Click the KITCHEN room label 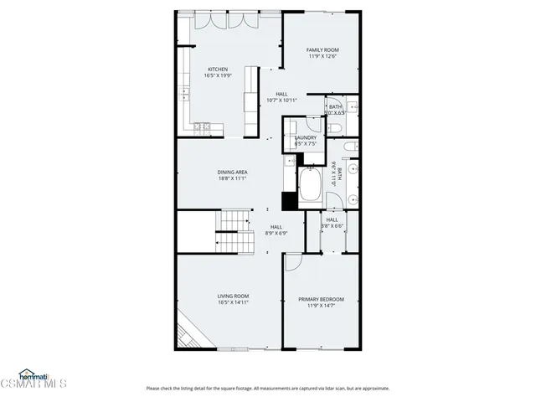click(x=218, y=70)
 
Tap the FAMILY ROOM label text click(x=322, y=50)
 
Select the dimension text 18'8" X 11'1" click(x=233, y=178)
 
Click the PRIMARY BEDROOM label click(x=321, y=299)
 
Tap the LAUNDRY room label click(x=305, y=137)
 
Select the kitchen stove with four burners click(x=202, y=127)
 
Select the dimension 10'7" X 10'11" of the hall click(x=281, y=100)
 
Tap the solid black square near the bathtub click(x=290, y=201)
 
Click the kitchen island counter click(x=250, y=100)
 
